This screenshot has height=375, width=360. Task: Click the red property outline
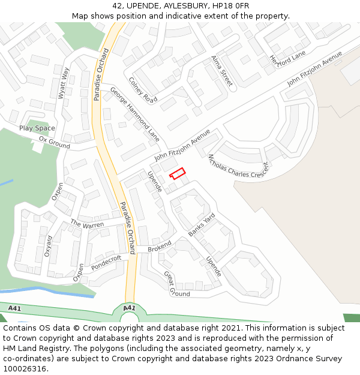pos(176,173)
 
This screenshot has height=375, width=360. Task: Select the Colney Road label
pos(143,90)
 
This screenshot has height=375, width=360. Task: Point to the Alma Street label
pos(221,71)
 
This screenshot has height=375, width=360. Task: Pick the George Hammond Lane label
pos(134,114)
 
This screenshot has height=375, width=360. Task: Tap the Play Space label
pos(37,128)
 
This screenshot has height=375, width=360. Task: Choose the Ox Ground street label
pos(55,139)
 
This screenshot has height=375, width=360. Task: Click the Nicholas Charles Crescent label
pos(238,167)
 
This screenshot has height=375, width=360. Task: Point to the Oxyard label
pos(48,246)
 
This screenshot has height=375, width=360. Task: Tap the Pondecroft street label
pos(107,262)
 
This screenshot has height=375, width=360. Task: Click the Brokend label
pos(160,247)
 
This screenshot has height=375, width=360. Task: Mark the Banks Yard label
pos(202,224)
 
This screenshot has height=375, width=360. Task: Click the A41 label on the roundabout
pos(128,308)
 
